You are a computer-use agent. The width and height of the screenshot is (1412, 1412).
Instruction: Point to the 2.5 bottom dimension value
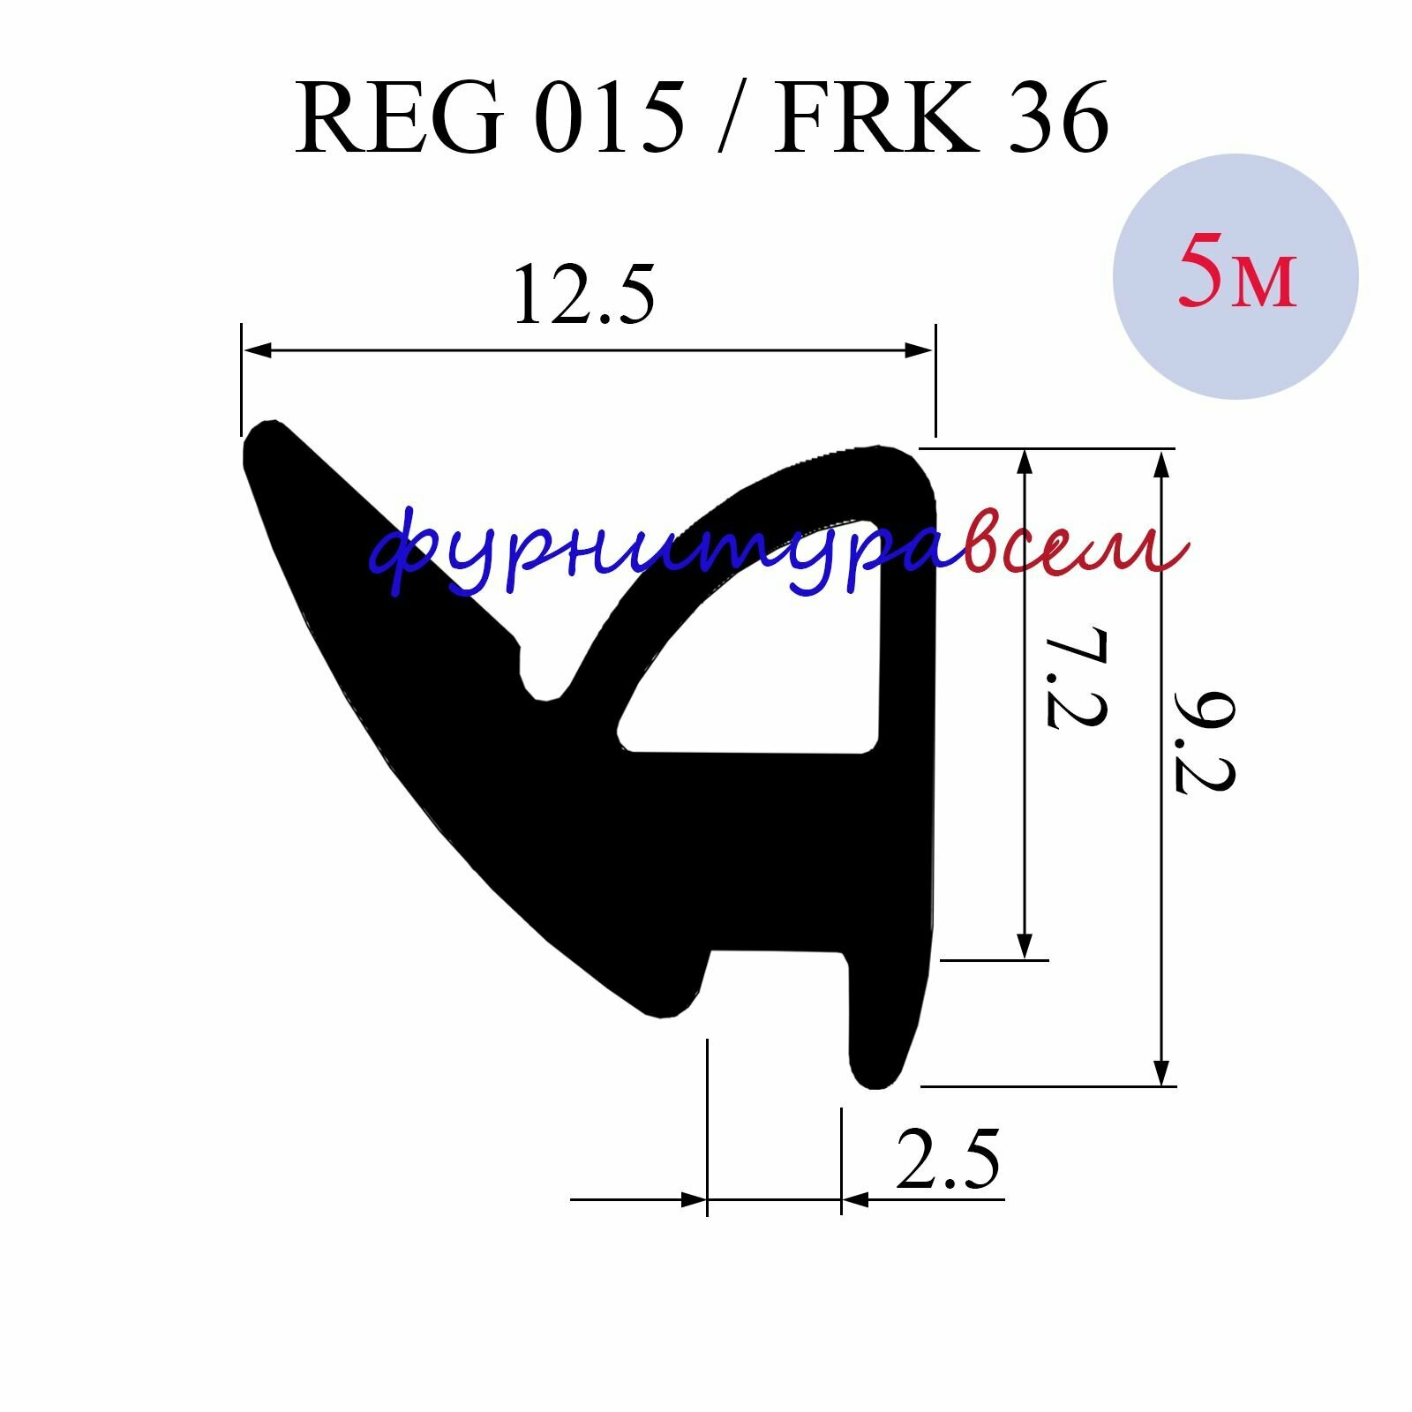pyautogui.click(x=948, y=1160)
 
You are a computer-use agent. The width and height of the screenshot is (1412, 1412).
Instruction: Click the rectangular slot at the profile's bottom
pyautogui.click(x=777, y=980)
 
